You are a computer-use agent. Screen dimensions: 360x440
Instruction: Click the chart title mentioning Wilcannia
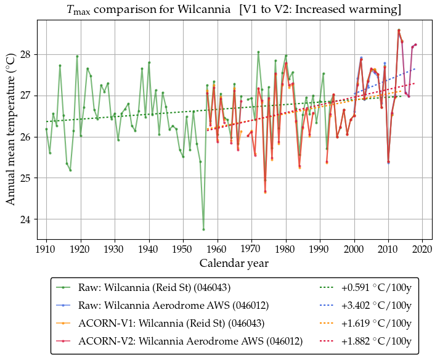[234, 9]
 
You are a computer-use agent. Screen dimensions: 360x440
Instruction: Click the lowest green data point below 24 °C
[203, 229]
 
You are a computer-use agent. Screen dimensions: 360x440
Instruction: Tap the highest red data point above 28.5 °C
[399, 30]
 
